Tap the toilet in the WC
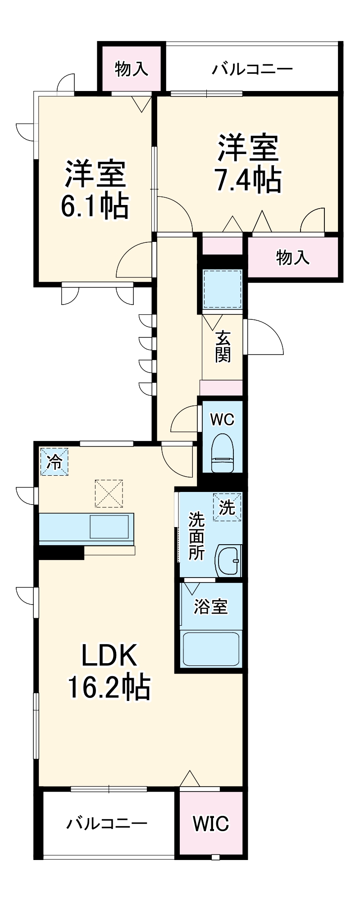tap(223, 453)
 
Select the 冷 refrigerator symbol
tap(54, 462)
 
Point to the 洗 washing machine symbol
tap(227, 507)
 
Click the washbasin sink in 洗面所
tap(228, 560)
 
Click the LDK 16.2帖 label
tap(109, 671)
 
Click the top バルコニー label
tap(252, 69)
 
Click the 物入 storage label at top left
tap(131, 69)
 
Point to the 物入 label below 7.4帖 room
tap(292, 257)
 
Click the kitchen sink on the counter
tap(112, 527)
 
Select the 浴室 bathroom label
tap(210, 606)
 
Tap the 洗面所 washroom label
tap(196, 536)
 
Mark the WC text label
tap(223, 419)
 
